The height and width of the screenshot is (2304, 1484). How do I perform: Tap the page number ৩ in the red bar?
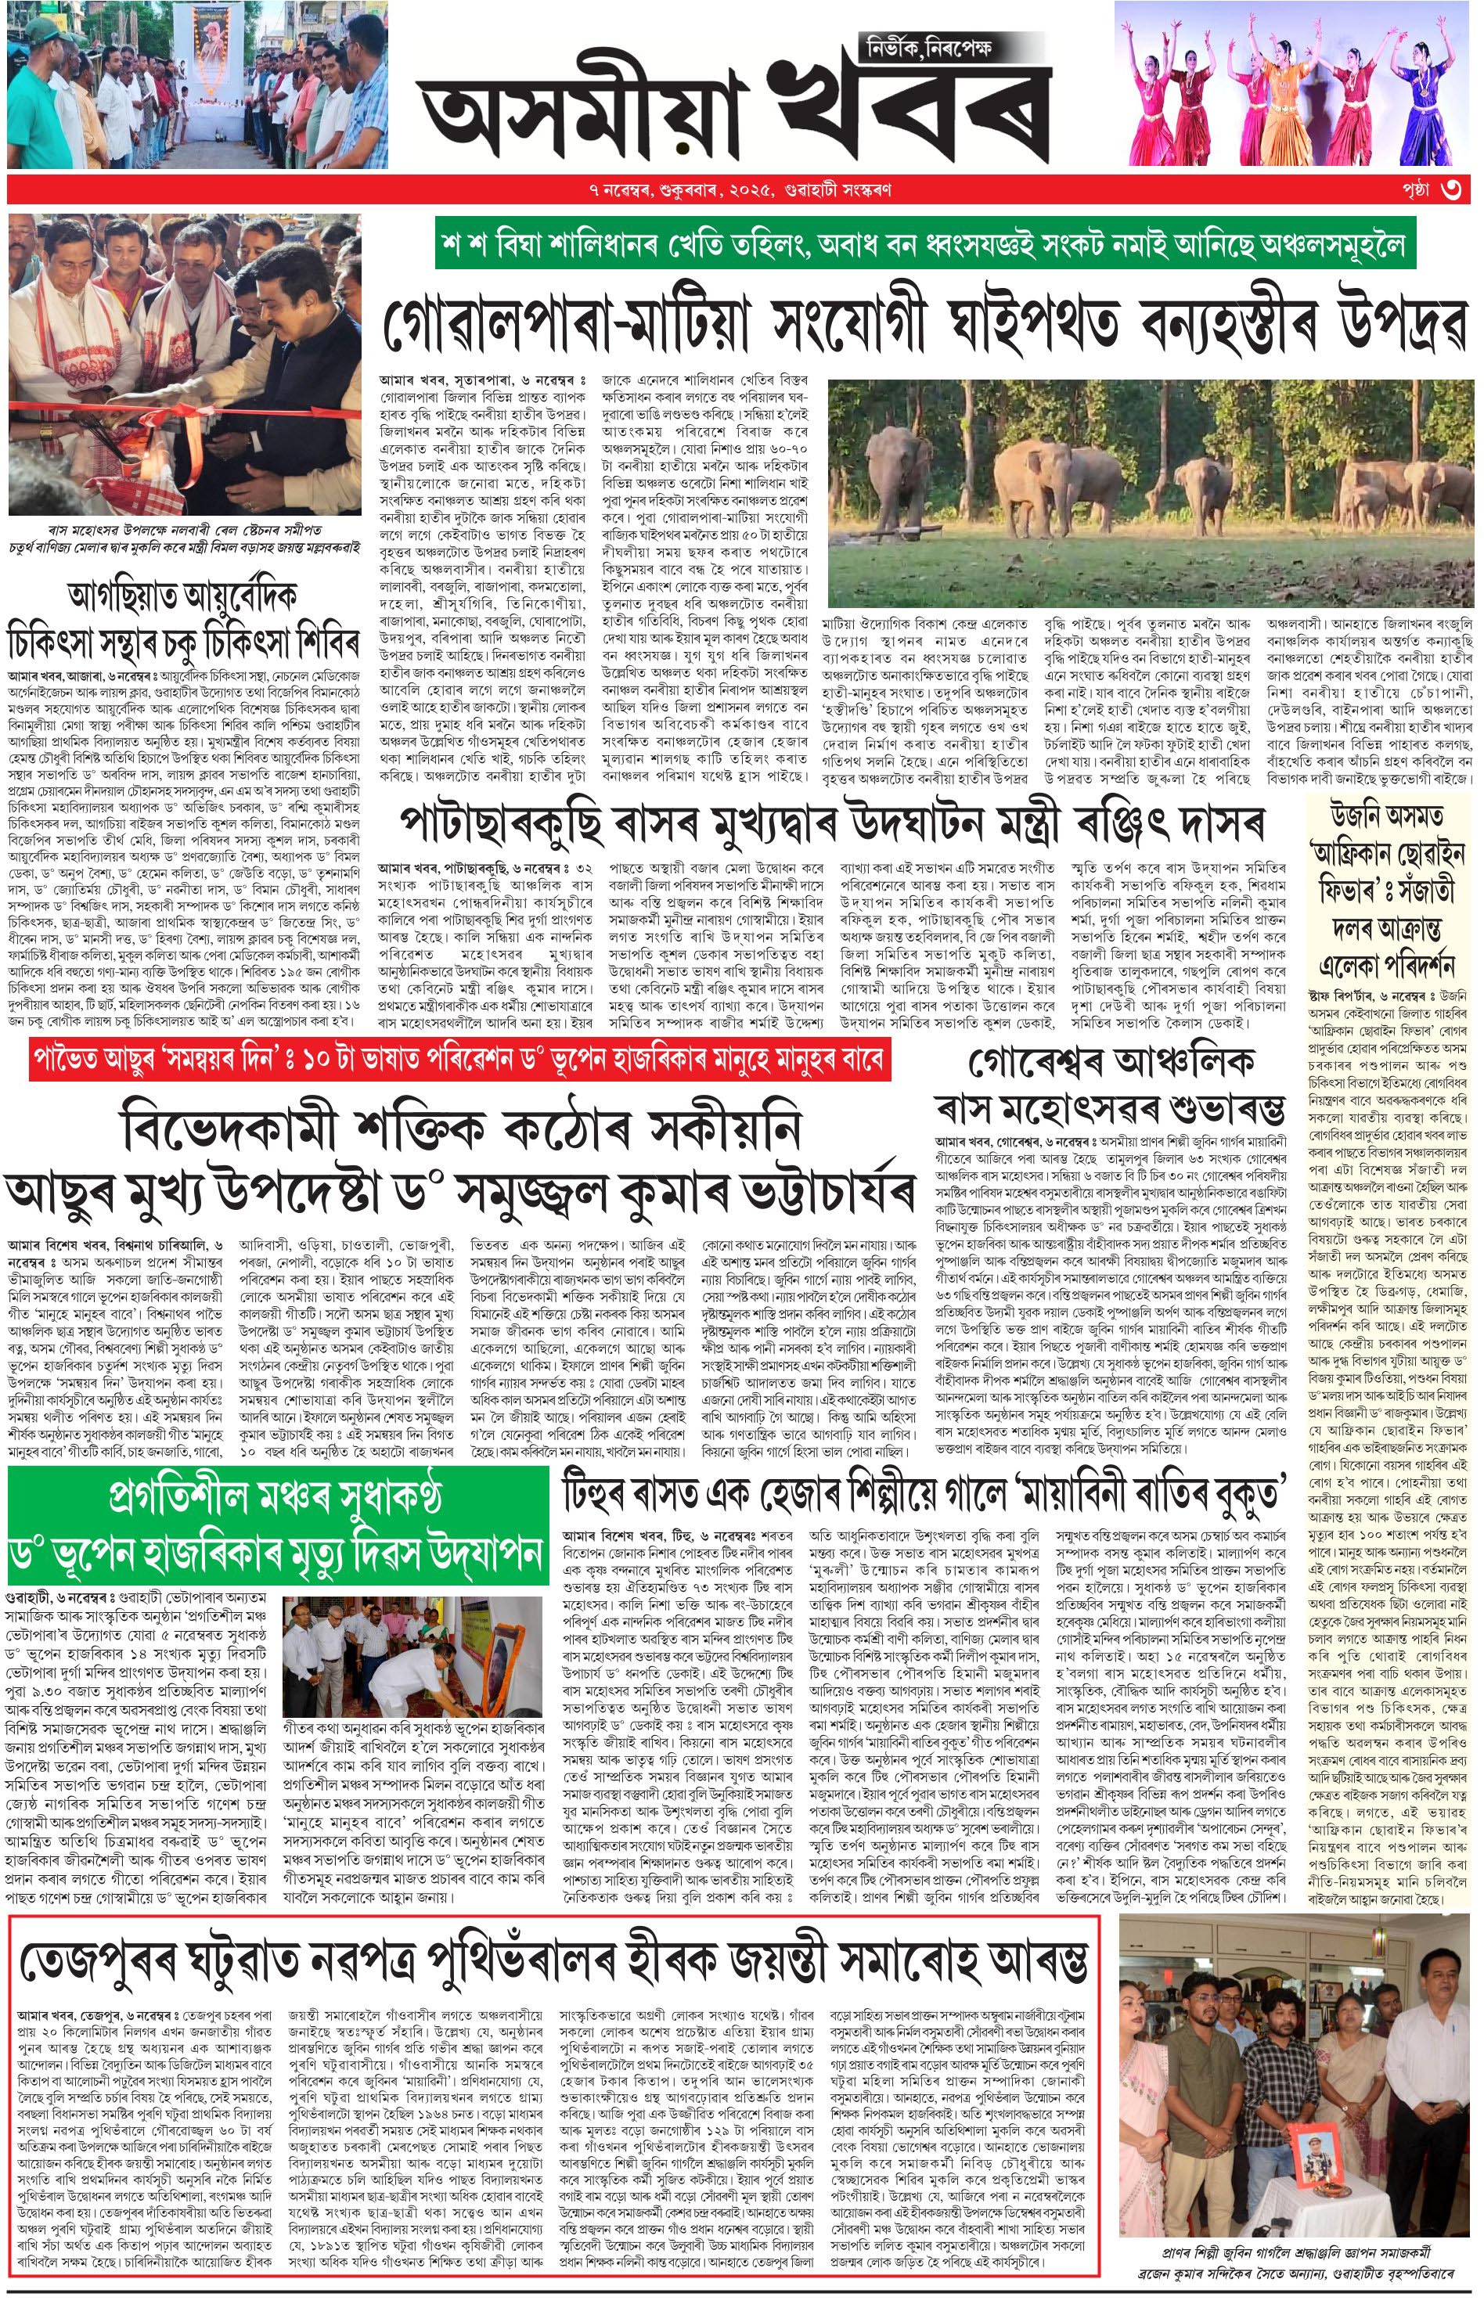pyautogui.click(x=1451, y=189)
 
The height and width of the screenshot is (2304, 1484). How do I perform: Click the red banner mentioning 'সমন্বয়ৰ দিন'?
pyautogui.click(x=458, y=1061)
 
